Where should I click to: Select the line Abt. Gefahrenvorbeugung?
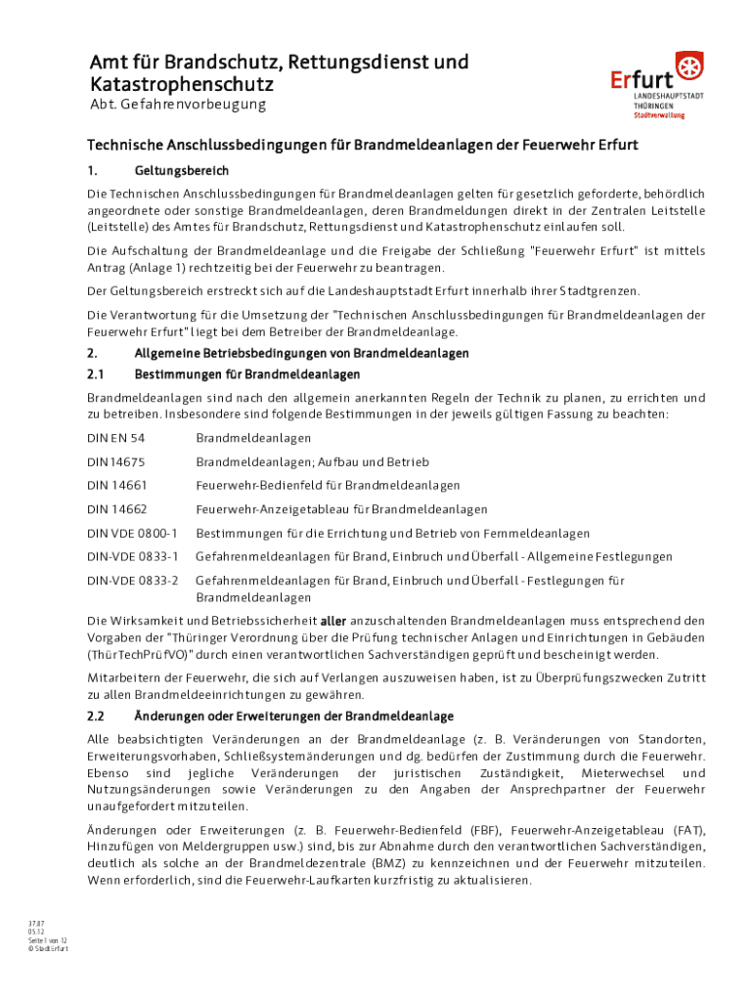tap(177, 105)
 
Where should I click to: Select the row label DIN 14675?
tap(116, 461)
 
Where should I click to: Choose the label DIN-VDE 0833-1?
tap(133, 557)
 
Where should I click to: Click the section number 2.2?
tap(97, 717)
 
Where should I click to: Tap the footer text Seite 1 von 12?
tap(48, 939)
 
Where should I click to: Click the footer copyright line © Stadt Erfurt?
tap(49, 948)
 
